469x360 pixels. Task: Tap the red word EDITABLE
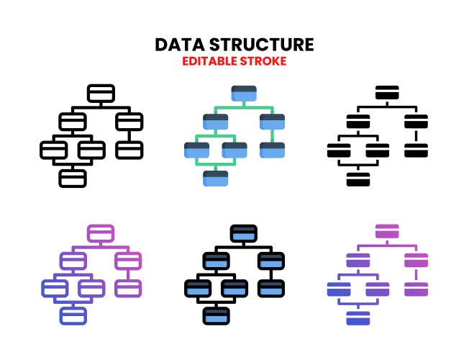point(211,61)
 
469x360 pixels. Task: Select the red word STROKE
point(265,61)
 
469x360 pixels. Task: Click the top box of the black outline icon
point(101,94)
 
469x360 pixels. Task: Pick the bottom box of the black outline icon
point(73,178)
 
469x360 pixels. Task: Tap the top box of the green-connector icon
point(244,94)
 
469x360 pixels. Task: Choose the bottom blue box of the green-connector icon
point(216,178)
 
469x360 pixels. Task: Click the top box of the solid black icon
point(387,94)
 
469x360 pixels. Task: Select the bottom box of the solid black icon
point(359,178)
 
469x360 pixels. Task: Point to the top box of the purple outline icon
point(101,233)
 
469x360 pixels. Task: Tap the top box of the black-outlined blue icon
point(244,233)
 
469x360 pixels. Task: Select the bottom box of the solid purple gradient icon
point(359,317)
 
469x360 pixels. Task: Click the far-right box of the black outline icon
point(129,150)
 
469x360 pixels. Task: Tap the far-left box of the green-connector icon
point(197,150)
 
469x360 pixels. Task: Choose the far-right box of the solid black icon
point(416,150)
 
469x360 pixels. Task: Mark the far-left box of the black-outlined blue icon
point(197,288)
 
